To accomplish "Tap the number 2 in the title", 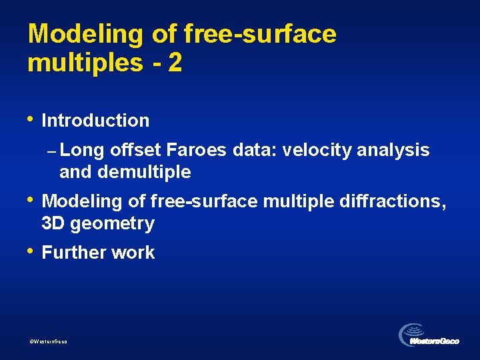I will pyautogui.click(x=175, y=63).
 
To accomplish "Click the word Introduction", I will pyautogui.click(x=95, y=121).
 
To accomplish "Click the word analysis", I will pyautogui.click(x=393, y=151).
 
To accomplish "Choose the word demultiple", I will pyautogui.click(x=144, y=173).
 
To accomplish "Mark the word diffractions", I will pyautogui.click(x=397, y=201).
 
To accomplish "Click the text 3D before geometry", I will pyautogui.click(x=53, y=223).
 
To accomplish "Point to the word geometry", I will pyautogui.click(x=112, y=224).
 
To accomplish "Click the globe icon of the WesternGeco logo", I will pyautogui.click(x=411, y=333).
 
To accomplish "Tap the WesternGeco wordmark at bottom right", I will pyautogui.click(x=435, y=341).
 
